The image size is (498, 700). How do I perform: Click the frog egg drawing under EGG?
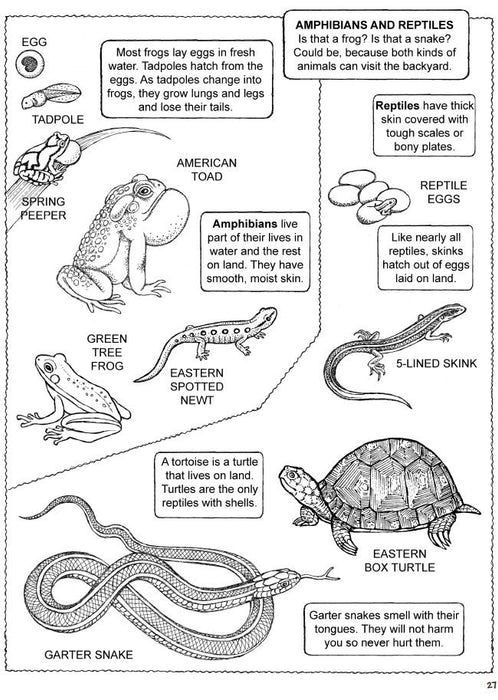pos(30,64)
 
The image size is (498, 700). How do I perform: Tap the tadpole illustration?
pos(50,96)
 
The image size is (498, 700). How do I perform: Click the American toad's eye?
pos(144,191)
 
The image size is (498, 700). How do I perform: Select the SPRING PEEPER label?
pos(43,208)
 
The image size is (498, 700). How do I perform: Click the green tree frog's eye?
pos(48,367)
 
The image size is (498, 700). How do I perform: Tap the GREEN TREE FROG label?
pos(107,352)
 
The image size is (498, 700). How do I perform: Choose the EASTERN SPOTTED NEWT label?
pos(196,386)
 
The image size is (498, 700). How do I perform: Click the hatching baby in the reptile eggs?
pos(385,205)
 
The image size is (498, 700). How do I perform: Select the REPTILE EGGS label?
pos(443,192)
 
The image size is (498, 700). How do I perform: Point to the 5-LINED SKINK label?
pos(436,363)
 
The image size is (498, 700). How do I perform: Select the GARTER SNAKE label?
pos(88,655)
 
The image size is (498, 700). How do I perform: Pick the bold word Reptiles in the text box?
pos(397,106)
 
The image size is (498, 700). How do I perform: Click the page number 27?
pos(491,685)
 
